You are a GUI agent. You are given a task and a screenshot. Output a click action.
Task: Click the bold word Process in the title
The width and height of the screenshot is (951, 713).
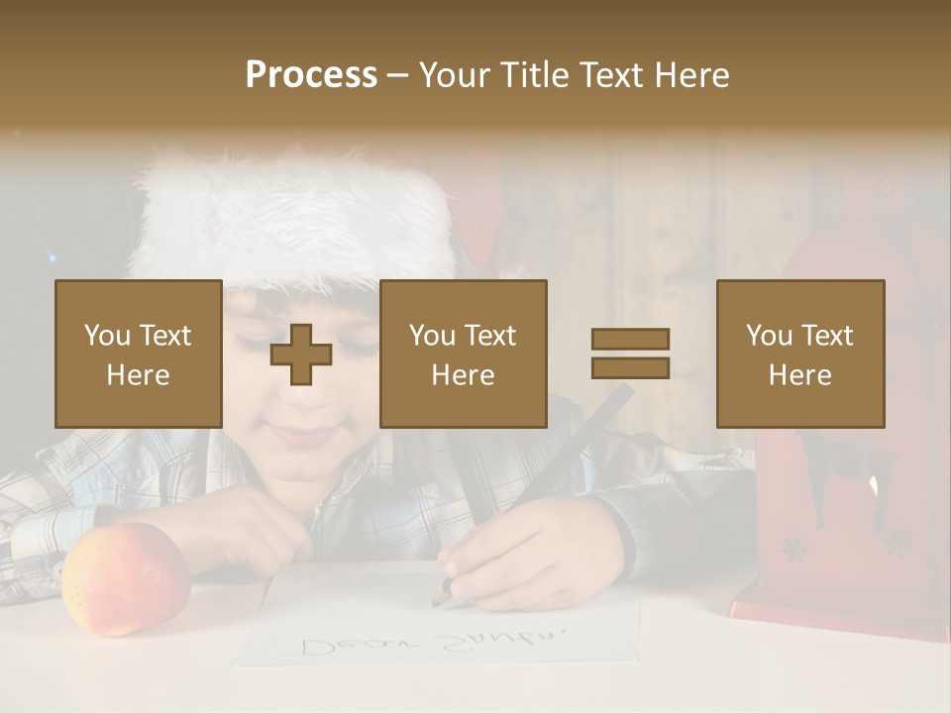[311, 75]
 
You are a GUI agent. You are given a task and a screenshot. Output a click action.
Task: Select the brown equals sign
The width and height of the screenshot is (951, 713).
[630, 354]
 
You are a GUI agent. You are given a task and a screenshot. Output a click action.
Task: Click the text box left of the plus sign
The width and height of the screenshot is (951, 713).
[138, 354]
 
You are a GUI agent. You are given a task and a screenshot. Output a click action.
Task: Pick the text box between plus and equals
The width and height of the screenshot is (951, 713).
[463, 354]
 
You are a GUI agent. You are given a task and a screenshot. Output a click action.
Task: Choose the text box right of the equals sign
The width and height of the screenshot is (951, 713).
[799, 354]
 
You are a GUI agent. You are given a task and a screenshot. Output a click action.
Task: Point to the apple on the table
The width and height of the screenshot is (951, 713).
[125, 578]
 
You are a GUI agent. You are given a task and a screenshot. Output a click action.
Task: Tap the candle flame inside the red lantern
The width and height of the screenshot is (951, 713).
[873, 485]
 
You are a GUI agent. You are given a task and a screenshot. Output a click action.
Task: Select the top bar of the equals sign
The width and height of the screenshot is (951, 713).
[630, 339]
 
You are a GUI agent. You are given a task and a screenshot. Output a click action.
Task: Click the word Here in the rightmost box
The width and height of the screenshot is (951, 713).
[799, 374]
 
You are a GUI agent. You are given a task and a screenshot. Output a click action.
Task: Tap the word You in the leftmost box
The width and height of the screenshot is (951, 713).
[107, 335]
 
